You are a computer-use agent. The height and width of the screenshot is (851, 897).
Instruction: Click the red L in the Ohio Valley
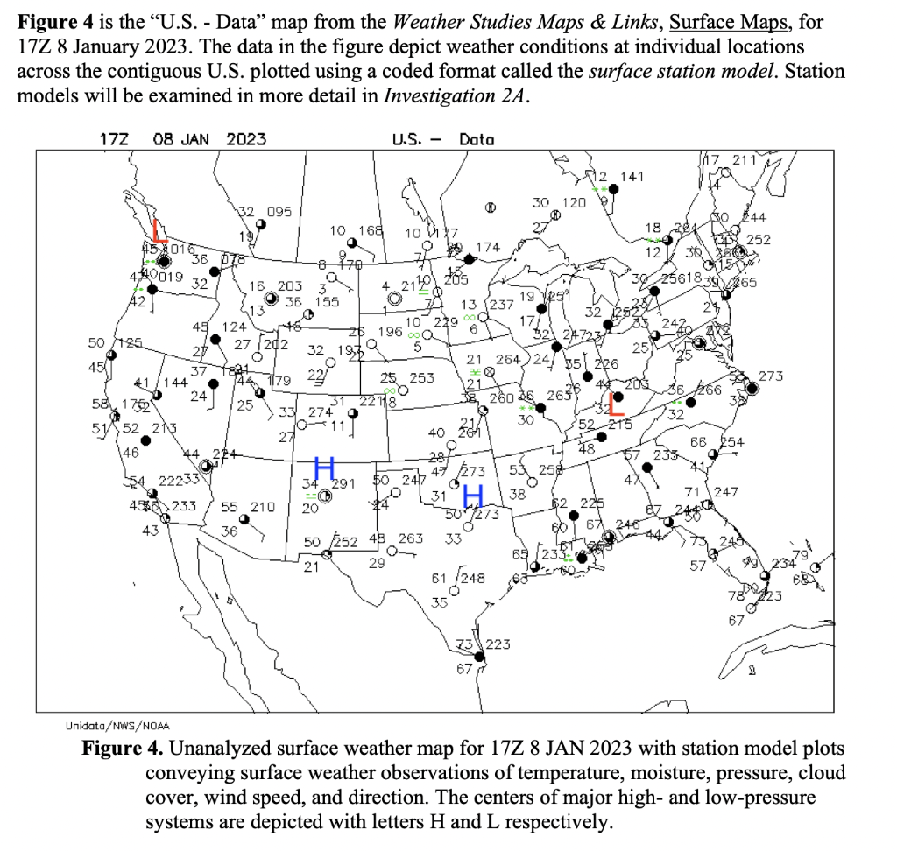pos(615,403)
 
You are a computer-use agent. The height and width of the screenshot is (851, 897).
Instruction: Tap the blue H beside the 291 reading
pos(324,468)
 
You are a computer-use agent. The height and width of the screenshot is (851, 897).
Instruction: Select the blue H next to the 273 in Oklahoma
pos(474,496)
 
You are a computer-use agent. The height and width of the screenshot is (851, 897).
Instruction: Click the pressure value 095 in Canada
pos(279,211)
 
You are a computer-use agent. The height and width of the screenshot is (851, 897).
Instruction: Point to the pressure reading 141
pos(631,177)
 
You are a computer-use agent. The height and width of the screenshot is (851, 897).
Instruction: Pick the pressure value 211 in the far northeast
pos(744,159)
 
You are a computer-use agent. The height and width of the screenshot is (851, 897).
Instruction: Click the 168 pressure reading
pos(371,230)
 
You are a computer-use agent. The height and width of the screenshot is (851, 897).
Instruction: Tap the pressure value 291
pos(342,482)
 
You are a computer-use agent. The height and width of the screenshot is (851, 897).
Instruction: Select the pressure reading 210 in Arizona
pos(262,507)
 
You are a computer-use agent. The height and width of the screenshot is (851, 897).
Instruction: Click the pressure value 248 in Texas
pos(473,578)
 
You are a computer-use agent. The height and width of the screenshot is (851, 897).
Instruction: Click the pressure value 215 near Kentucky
pos(620,425)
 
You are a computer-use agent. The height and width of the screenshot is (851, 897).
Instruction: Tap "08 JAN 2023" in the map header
pos(209,138)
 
